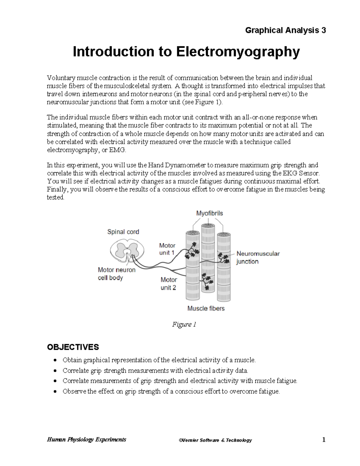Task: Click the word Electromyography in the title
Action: [238, 52]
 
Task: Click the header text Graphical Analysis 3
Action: [285, 30]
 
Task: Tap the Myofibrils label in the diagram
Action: [209, 213]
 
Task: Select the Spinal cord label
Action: [123, 232]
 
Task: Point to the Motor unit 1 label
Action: [167, 249]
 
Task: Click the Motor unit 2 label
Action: [168, 284]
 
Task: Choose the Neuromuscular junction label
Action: [258, 257]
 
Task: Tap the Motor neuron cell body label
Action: [116, 274]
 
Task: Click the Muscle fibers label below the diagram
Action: [206, 308]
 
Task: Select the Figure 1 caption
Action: [184, 324]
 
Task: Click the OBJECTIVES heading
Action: [73, 347]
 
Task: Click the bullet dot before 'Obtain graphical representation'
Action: [55, 360]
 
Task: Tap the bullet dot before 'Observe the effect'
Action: [55, 392]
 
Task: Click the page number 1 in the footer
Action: [324, 440]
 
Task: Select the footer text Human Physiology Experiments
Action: [86, 440]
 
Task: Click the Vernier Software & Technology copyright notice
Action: [215, 440]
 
